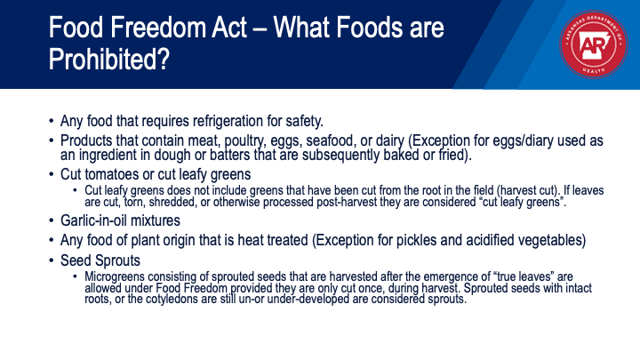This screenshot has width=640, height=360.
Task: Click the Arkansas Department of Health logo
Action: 594,44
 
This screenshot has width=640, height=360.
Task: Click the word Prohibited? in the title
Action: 109,60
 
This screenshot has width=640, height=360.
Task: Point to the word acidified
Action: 490,240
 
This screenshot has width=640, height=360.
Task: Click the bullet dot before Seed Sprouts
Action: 51,260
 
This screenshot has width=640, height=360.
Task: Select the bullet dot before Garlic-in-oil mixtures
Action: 51,220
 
